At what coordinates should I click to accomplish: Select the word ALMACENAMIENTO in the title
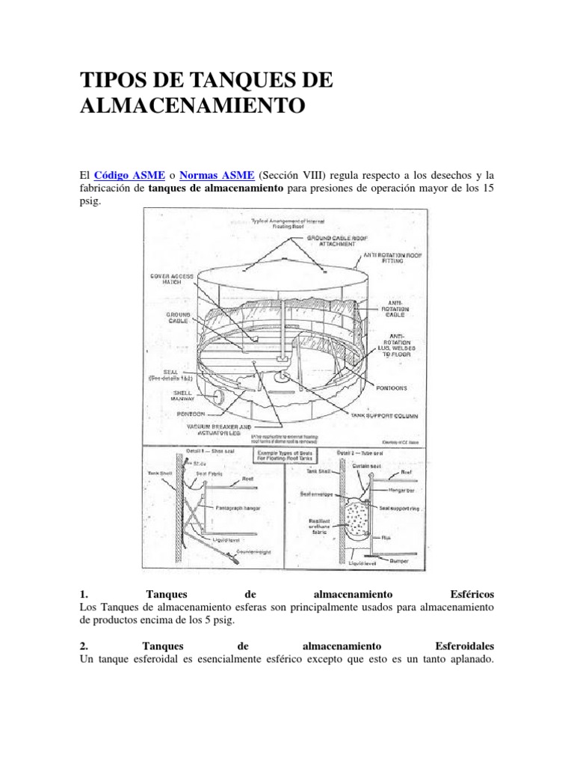click(x=192, y=105)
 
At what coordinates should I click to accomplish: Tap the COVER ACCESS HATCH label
click(x=172, y=279)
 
